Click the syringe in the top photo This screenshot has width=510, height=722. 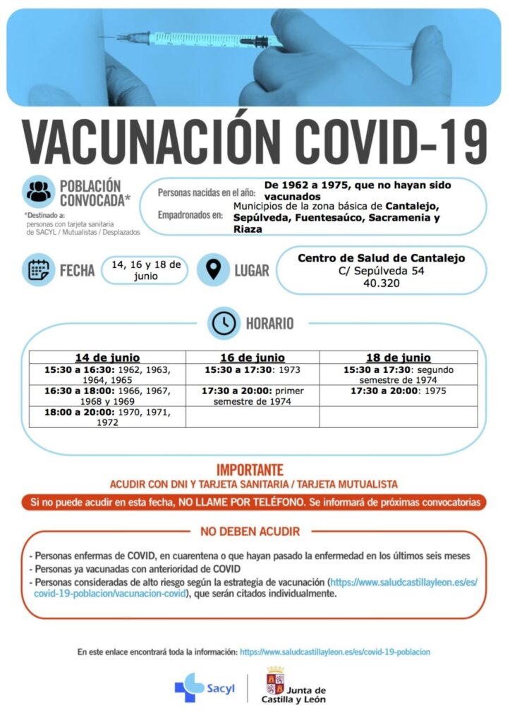(205, 39)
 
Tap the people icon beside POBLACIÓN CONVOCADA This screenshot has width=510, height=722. (38, 190)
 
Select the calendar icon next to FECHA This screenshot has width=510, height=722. (38, 269)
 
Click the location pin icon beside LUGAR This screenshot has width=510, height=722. (212, 269)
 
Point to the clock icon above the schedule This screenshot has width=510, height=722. (224, 323)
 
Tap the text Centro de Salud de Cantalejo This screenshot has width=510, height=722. (381, 258)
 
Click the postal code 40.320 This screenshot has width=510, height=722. (381, 283)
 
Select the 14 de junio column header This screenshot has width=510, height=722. (107, 357)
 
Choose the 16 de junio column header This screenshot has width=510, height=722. (253, 357)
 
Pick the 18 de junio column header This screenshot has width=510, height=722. (398, 357)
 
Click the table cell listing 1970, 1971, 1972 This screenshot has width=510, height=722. (107, 417)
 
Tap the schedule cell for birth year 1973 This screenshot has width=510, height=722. (253, 369)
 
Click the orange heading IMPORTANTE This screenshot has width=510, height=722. (250, 470)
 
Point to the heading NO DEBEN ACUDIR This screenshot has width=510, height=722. (250, 531)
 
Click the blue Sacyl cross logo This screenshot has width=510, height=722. (190, 687)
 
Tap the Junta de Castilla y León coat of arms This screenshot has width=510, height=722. (274, 681)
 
